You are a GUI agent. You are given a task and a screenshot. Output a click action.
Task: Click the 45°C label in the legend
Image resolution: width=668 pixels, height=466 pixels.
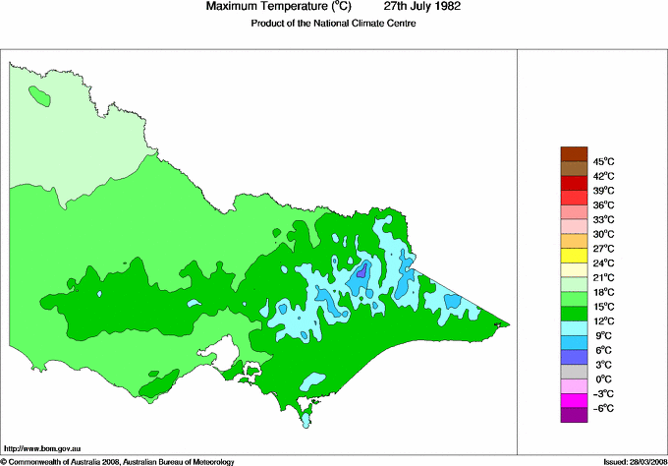[x=602, y=161]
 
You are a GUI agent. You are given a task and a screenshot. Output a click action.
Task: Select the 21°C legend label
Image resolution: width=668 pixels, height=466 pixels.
[x=602, y=278]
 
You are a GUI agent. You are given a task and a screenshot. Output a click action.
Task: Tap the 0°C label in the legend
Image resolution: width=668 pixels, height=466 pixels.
[x=602, y=379]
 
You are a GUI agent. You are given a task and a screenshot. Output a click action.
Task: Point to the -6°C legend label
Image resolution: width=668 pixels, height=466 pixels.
[x=602, y=408]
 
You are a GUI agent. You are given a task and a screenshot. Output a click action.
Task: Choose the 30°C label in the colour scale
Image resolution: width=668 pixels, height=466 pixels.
[x=602, y=234]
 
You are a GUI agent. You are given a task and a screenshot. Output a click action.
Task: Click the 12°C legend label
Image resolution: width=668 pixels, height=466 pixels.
[x=602, y=321]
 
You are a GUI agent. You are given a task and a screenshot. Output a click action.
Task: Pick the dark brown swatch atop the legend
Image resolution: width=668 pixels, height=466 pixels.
[x=574, y=153]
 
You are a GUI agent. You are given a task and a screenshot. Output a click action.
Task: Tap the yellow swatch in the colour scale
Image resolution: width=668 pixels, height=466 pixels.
[x=574, y=256]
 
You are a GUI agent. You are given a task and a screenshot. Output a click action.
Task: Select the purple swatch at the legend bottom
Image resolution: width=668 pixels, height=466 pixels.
[x=574, y=415]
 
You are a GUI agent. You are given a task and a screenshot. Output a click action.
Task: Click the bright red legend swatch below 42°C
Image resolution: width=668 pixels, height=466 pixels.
[x=574, y=183]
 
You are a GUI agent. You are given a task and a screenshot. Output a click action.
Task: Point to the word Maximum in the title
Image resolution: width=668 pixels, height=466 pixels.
[x=234, y=7]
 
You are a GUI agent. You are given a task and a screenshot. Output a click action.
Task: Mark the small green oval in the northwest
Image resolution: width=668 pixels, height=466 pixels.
[x=40, y=96]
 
